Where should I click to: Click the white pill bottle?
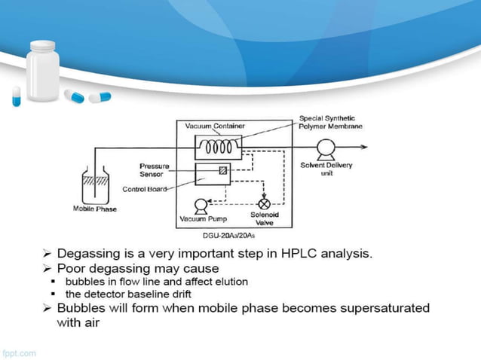point(44,71)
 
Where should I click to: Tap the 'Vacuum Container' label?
point(215,127)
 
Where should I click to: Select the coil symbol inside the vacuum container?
point(218,146)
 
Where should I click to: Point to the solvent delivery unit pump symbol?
point(326,148)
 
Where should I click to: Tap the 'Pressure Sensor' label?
point(155,169)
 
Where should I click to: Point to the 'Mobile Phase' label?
point(94,209)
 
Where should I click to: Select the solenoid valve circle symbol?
point(265,204)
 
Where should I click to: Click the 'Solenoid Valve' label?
point(265,219)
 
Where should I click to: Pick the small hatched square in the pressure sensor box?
point(223,172)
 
